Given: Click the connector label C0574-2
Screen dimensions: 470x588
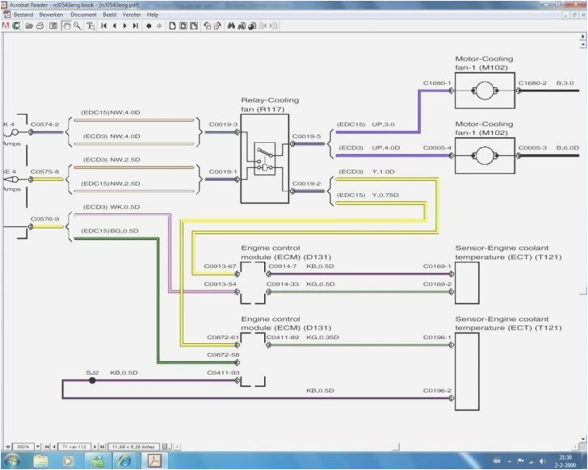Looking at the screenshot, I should tap(45, 124).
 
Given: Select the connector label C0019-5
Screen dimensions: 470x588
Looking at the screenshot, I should tap(306, 136).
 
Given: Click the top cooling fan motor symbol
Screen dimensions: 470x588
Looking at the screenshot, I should tap(485, 90).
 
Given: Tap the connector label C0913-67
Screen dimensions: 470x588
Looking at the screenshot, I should tap(220, 266).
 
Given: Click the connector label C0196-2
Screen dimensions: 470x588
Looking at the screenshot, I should tap(438, 391).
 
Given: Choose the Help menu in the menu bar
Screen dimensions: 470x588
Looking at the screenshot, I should tap(153, 15).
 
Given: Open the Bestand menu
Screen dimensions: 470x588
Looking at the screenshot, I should tap(23, 15).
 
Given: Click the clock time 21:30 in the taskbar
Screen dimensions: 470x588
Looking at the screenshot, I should tap(565, 457).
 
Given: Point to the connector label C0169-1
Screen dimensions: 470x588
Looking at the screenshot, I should tap(438, 266).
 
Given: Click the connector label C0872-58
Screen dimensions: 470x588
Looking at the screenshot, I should tap(222, 355).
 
